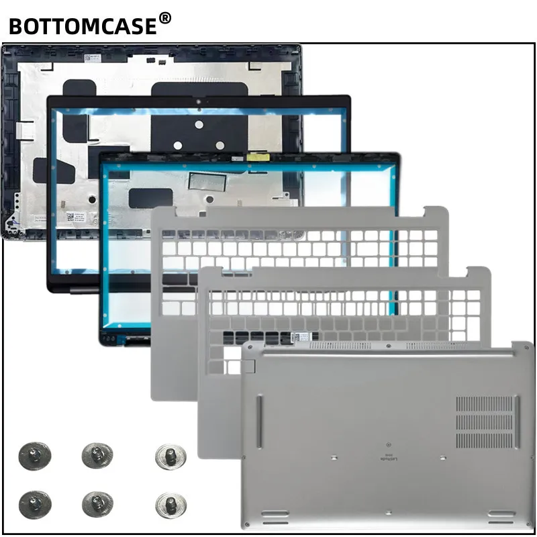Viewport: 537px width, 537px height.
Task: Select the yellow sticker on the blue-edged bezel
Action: [256, 156]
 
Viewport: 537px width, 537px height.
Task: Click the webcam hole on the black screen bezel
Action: [199, 103]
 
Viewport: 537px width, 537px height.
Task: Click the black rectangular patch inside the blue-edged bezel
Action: [152, 198]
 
